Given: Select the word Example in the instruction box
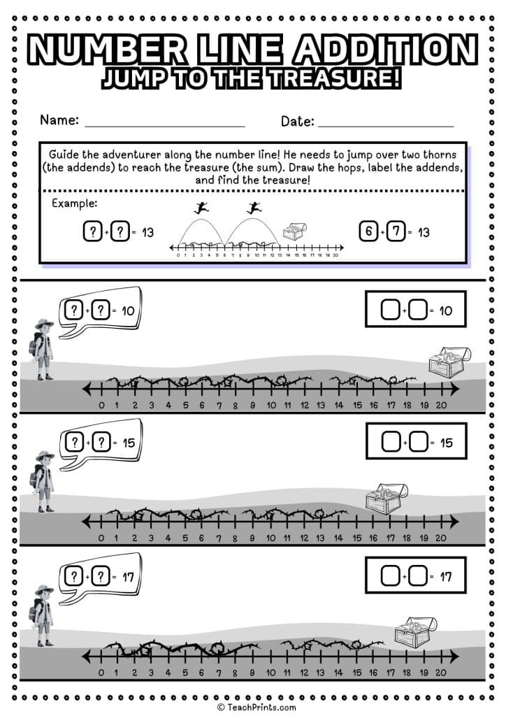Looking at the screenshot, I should [75, 203].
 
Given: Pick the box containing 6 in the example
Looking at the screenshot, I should [368, 232].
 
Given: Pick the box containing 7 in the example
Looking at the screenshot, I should [396, 232].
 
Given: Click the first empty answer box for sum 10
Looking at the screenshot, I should [391, 310].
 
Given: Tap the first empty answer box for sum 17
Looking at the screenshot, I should [391, 577].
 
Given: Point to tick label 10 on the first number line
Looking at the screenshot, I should [270, 405].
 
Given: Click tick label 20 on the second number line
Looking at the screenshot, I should [440, 538].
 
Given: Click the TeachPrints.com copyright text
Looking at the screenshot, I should [256, 707].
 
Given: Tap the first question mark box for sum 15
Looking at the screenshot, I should [74, 442].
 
